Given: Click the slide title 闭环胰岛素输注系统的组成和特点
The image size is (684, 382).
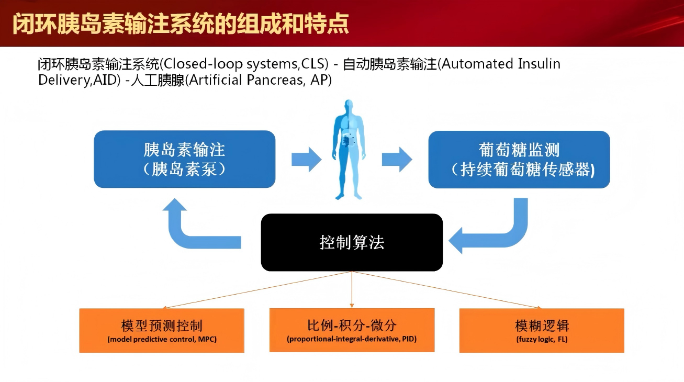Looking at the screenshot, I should click(181, 24).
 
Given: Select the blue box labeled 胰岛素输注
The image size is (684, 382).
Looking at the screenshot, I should click(184, 159).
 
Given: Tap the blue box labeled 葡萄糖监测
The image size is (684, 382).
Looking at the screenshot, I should click(519, 159).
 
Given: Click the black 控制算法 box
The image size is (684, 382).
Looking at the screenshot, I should click(352, 242).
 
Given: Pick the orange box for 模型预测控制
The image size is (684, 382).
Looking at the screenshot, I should click(162, 330).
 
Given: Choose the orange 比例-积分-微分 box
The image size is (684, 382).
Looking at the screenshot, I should click(352, 330).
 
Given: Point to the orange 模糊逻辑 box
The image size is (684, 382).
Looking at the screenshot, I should click(542, 330).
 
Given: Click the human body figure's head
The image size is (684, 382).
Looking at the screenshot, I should click(349, 106).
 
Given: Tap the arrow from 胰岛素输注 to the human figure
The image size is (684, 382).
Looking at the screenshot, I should click(306, 159).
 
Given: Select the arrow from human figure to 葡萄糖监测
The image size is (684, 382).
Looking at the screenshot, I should click(397, 159).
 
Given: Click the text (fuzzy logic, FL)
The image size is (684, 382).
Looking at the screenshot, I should click(542, 339).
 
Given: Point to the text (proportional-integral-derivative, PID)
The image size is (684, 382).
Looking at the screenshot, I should click(352, 339).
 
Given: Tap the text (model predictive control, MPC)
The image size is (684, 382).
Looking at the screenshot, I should click(162, 339).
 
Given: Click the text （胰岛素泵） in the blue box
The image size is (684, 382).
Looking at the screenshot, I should click(184, 170).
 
